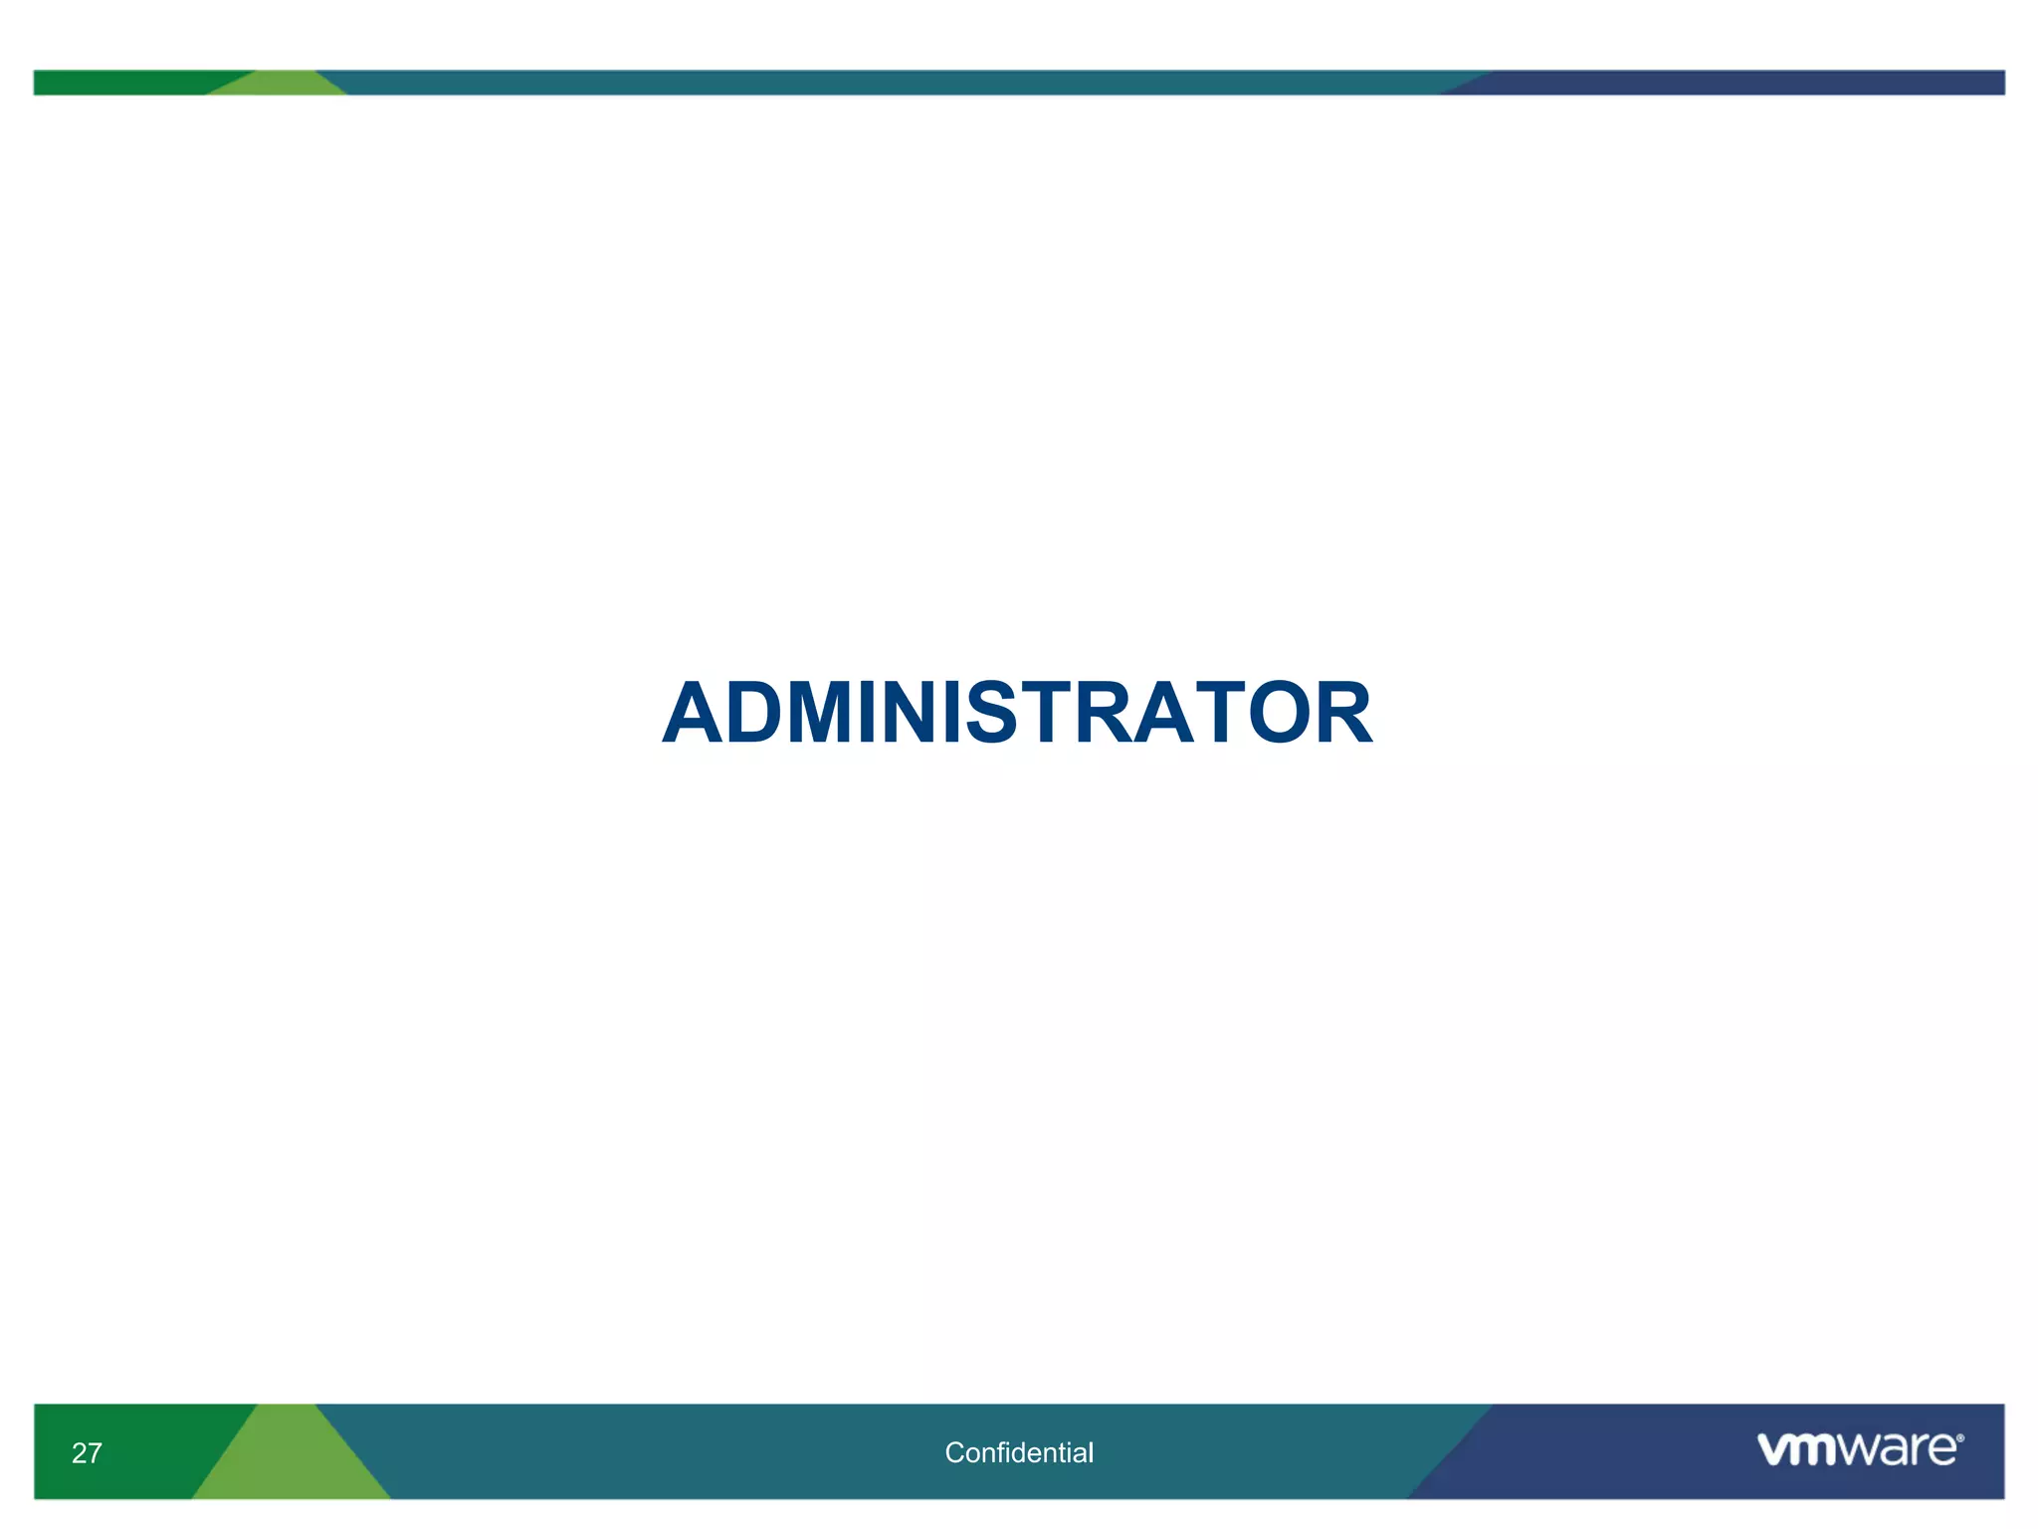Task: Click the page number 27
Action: point(87,1453)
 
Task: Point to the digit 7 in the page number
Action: point(95,1453)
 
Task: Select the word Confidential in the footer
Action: point(1019,1452)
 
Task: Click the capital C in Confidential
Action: point(954,1452)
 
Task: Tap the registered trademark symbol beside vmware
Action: point(1959,1438)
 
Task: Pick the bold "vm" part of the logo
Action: point(1797,1449)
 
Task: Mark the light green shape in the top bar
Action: point(279,85)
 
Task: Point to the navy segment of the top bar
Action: point(1741,82)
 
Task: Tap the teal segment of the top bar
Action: point(896,82)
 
